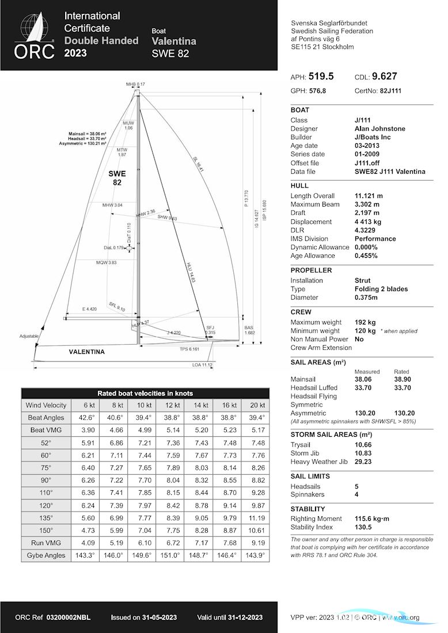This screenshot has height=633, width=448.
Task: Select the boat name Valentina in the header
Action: coord(174,41)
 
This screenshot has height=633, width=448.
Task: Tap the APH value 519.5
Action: coord(321,77)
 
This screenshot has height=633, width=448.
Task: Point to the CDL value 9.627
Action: coord(384,77)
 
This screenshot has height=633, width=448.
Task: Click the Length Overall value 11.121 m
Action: coord(369,196)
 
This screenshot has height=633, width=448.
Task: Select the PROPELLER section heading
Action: coord(311,270)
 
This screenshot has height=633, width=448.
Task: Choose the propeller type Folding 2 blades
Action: coord(381,289)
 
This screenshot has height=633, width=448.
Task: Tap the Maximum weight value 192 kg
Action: coord(365,322)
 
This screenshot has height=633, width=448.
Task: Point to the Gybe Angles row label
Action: coord(47,555)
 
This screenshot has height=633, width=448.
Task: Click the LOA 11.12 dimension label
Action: coord(202,365)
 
